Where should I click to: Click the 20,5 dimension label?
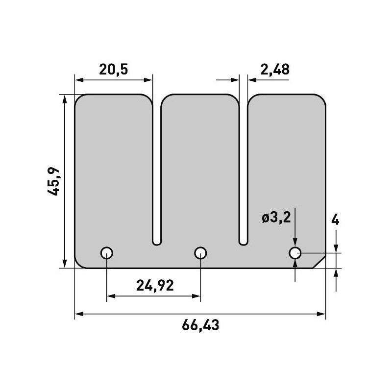[x=113, y=70]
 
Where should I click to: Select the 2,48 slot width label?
[x=275, y=70]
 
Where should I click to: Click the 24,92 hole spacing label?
[x=153, y=285]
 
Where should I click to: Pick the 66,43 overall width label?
[x=200, y=325]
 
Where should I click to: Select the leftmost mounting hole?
[x=107, y=253]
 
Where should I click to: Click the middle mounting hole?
[x=200, y=253]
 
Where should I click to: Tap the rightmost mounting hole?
[x=294, y=253]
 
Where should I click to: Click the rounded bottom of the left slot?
[x=156, y=241]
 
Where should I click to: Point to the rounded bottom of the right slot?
[x=243, y=241]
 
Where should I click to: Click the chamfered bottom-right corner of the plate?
[x=319, y=263]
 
